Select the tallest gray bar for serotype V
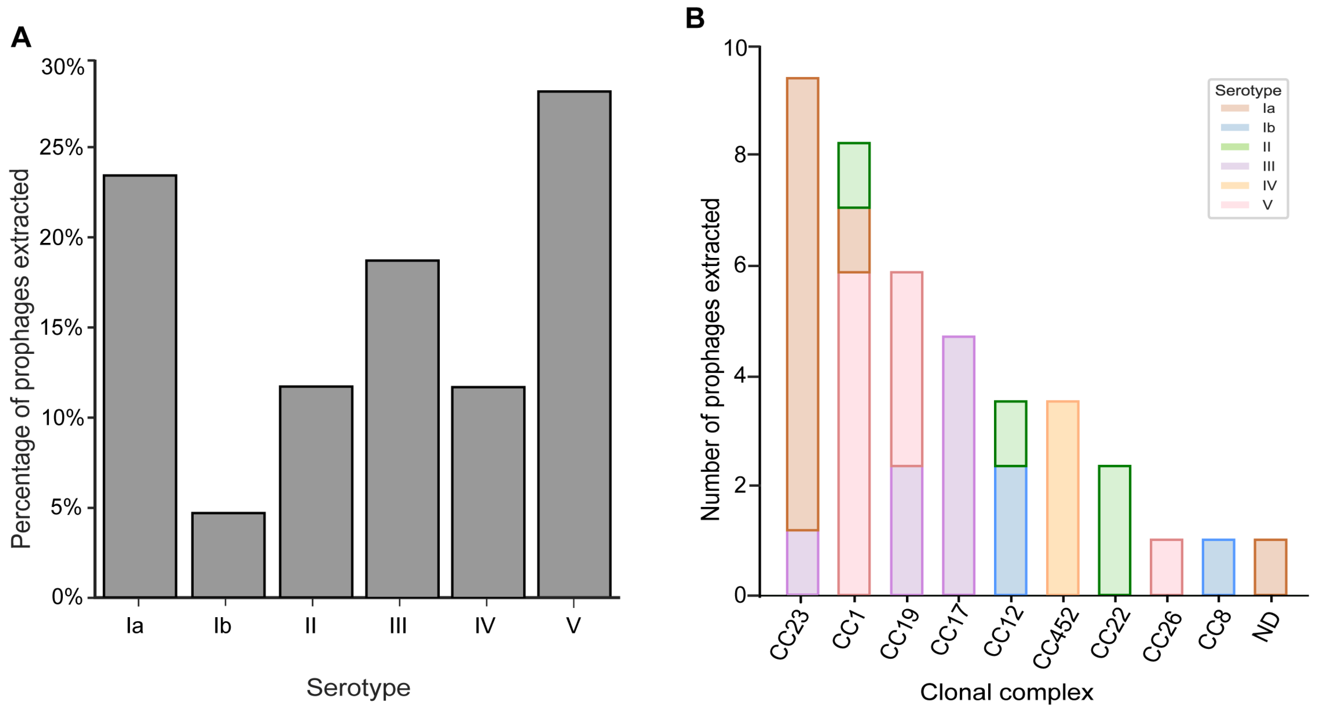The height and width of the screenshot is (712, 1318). pos(574,344)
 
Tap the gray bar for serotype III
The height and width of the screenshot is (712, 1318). pos(402,429)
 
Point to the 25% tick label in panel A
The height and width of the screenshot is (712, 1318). pos(61,148)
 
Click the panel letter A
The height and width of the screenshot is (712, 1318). pos(21,38)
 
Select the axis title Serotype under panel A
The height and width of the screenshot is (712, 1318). pos(358,687)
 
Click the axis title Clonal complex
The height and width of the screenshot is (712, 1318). pos(1006,692)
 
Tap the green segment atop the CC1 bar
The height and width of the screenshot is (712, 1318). pos(854,175)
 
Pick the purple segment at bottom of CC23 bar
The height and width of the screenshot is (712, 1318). pos(802,563)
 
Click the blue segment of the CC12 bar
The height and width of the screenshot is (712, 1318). pos(1011,530)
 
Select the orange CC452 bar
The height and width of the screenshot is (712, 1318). pos(1063,498)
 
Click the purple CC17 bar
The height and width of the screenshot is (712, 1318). pos(958,465)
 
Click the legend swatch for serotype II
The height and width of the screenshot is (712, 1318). pos(1235,147)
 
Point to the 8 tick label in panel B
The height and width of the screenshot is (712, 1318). pos(740,155)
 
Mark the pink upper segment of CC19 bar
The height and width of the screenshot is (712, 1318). pos(907,369)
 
